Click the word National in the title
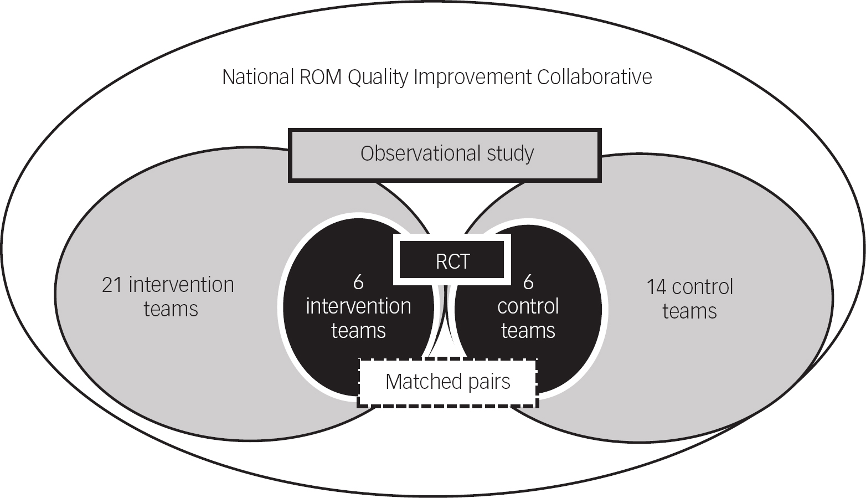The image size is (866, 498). [x=257, y=77]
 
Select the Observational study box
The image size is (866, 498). [x=445, y=155]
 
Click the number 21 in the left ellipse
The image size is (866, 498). [x=112, y=285]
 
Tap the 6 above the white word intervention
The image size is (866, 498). [x=358, y=282]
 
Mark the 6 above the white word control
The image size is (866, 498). [x=528, y=282]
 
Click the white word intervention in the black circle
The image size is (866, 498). [x=358, y=306]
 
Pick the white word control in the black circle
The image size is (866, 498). [x=528, y=306]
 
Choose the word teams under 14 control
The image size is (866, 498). [x=689, y=311]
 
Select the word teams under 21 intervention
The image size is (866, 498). [x=171, y=309]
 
